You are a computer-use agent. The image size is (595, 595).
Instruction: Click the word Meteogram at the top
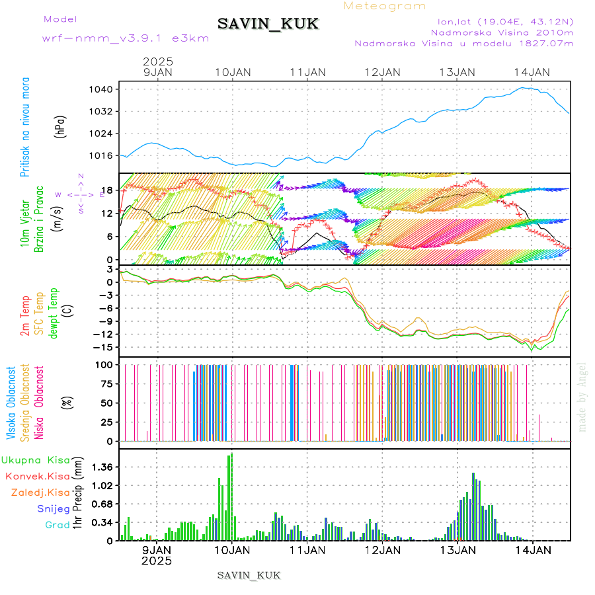(385, 6)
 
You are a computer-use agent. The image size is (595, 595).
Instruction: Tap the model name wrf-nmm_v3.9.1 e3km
(126, 38)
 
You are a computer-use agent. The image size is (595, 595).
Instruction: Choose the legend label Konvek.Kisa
(37, 476)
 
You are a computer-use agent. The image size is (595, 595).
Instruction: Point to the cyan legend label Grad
(57, 525)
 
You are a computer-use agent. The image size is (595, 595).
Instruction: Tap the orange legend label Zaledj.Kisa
(40, 492)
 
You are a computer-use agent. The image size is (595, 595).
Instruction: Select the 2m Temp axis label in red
(25, 317)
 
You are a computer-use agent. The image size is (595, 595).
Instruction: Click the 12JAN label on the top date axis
(382, 72)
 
